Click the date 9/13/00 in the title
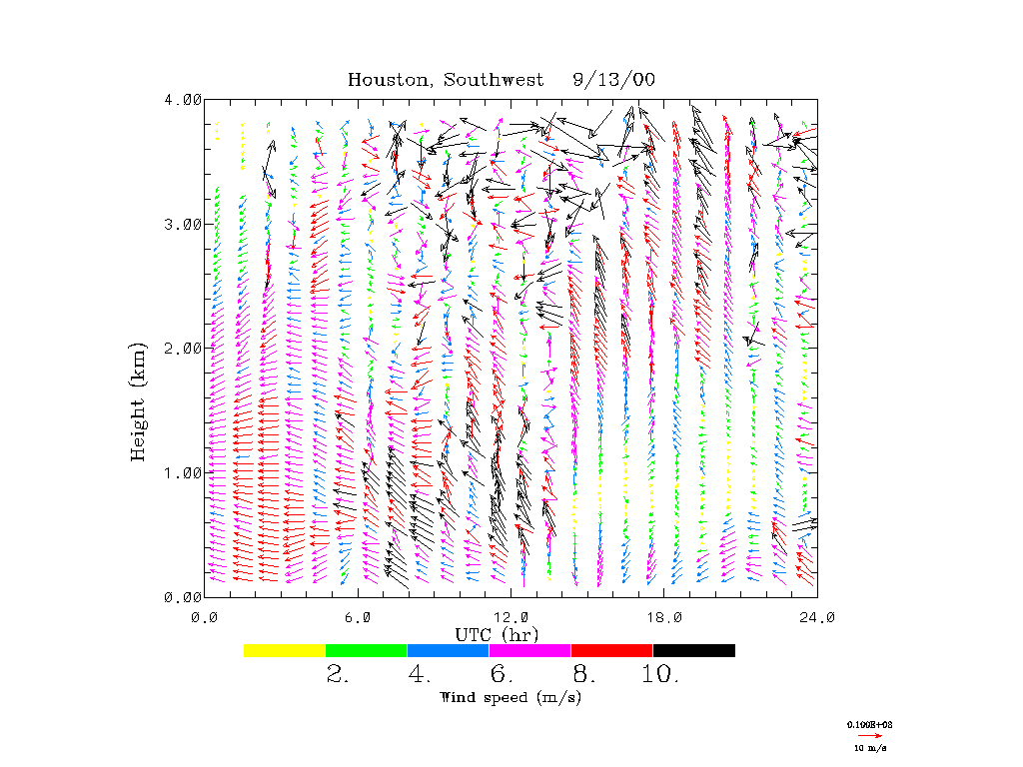click(614, 80)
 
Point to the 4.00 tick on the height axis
click(183, 100)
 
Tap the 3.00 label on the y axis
click(183, 224)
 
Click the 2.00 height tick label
click(183, 348)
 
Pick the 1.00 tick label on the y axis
click(183, 472)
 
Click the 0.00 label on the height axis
click(183, 596)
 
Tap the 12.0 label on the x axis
click(511, 617)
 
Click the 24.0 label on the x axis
click(817, 617)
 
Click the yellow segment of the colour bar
click(285, 650)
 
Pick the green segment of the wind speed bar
click(367, 650)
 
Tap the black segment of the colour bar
click(694, 650)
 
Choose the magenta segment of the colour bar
click(530, 650)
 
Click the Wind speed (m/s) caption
click(511, 697)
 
